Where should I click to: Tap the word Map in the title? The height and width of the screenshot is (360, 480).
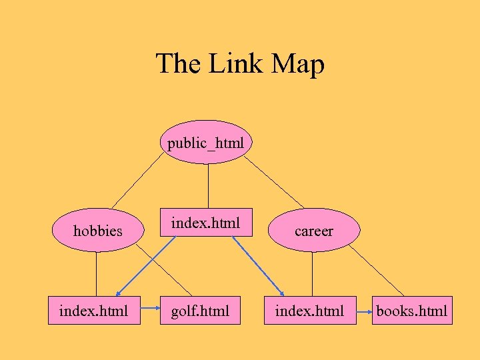coord(298,65)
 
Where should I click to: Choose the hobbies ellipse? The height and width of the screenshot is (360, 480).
coord(97,231)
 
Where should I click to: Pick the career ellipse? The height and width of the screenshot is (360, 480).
coord(313,231)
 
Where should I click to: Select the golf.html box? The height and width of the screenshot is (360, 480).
coord(199,311)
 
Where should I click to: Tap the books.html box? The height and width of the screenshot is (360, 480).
coord(412,311)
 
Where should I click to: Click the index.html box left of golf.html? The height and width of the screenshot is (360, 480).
coord(94,311)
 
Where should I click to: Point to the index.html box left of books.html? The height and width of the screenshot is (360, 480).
coord(310,311)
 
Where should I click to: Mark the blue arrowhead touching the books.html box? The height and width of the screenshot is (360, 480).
coord(369,311)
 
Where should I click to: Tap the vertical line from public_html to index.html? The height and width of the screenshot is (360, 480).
coord(208,186)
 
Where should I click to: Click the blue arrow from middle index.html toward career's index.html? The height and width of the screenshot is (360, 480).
coord(261,267)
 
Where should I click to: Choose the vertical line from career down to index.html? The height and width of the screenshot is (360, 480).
coord(312,273)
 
